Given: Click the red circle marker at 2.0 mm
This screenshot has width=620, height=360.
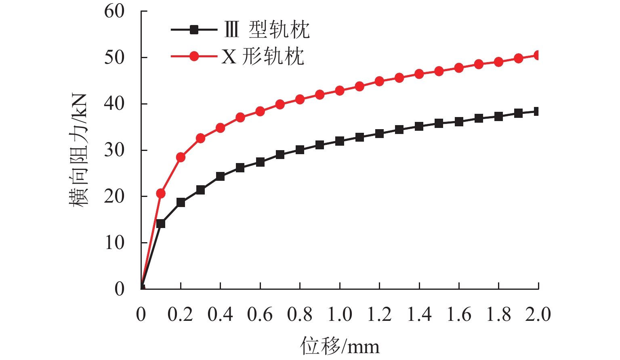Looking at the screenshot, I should point(538,55).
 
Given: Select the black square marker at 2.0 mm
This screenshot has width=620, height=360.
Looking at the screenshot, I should point(538,111).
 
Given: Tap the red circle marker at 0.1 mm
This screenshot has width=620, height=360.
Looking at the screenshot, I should point(161,193).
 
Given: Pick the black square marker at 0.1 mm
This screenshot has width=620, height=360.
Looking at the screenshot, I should point(161,224).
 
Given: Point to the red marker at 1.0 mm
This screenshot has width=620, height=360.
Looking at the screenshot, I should point(340,90).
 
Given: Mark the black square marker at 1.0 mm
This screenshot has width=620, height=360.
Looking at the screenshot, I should point(340,141).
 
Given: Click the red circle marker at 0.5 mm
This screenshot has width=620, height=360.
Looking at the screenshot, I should point(240,118).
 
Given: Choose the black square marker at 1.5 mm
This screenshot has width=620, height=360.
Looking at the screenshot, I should point(439,123).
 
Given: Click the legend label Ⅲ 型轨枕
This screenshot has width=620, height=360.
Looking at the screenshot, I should point(267,29).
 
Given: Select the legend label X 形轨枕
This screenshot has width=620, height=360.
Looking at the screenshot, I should point(263,57).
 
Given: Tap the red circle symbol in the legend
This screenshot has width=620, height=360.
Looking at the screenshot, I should point(194,56).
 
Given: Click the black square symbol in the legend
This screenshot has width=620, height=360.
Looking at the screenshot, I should point(194,29).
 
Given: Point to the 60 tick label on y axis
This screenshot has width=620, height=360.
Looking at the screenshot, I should point(114,11).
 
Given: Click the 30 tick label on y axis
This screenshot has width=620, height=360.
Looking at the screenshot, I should point(114,150).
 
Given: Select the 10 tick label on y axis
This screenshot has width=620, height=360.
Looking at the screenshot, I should point(114,243).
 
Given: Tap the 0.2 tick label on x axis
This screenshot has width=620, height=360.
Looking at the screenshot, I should point(180,314).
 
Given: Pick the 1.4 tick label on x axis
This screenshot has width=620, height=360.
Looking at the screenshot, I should point(419,314).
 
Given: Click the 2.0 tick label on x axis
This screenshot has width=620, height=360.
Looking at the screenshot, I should point(538,314).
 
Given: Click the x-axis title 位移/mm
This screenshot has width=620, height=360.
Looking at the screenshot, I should point(340,346).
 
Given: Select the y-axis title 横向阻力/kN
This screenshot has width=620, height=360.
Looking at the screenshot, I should point(78,150).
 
